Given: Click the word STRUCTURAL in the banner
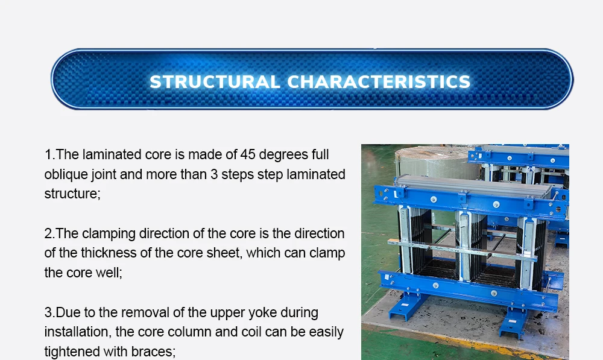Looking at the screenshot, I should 214,82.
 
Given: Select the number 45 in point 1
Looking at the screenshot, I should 248,155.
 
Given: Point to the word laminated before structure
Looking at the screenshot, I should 316,175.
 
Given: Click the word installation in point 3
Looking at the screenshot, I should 75,332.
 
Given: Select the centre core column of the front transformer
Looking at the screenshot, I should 464,244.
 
